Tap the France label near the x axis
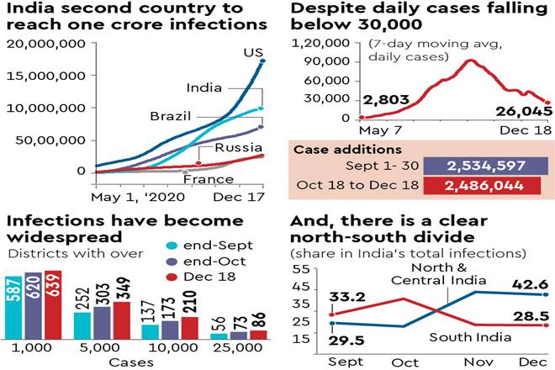coord(208,179)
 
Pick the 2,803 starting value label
coord(385,100)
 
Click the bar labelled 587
coord(13,306)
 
